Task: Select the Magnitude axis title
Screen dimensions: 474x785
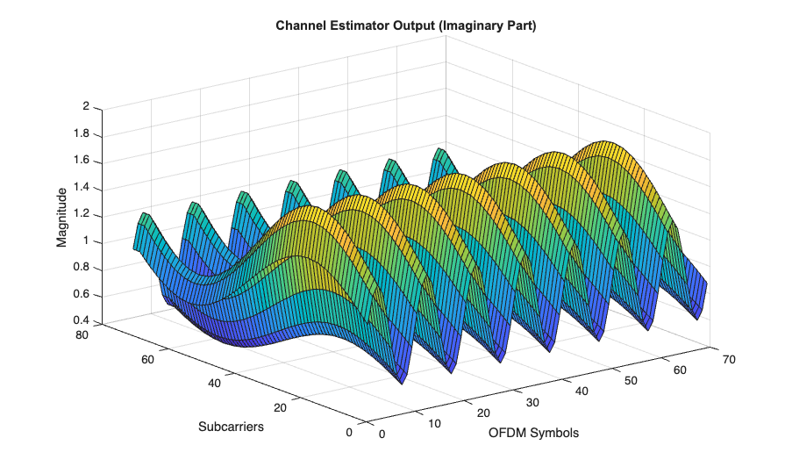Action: (x=62, y=216)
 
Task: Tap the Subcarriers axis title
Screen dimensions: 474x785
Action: (x=231, y=427)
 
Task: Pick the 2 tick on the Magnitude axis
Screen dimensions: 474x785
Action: (x=86, y=107)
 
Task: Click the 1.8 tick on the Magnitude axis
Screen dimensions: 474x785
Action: (x=82, y=134)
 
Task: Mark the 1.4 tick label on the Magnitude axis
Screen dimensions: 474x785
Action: (x=82, y=188)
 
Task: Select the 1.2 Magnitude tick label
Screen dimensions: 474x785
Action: (x=82, y=214)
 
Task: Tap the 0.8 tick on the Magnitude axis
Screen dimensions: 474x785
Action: (x=82, y=268)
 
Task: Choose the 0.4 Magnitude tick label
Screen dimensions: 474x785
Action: (x=82, y=320)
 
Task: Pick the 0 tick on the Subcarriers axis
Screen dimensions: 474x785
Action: (x=350, y=431)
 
